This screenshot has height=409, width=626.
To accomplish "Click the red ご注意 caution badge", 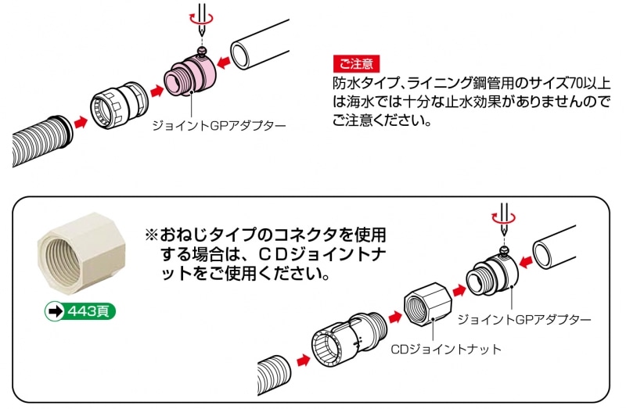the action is [356, 64].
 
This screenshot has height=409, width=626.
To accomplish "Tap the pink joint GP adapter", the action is [190, 75].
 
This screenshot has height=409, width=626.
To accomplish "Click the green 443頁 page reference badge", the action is [80, 311].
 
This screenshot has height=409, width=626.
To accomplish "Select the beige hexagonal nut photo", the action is [81, 253].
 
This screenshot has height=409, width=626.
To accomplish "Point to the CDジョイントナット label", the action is [445, 349].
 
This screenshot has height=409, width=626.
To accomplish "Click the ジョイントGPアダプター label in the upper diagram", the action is [219, 126].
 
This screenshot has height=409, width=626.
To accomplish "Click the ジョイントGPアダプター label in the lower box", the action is [524, 319].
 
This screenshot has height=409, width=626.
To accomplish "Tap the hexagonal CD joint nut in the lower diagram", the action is [427, 303].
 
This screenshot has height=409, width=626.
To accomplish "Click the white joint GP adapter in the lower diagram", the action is [492, 274].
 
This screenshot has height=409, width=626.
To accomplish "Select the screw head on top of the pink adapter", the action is [203, 50].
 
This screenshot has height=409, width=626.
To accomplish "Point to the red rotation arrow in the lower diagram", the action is [503, 217].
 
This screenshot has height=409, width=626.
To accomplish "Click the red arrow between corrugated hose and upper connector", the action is [81, 122].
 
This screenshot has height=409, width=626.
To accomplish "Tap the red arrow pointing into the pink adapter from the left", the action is [156, 91].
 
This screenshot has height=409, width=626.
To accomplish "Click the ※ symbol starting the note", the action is [152, 235].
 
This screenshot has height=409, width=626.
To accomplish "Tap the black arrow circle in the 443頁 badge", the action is [54, 311].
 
